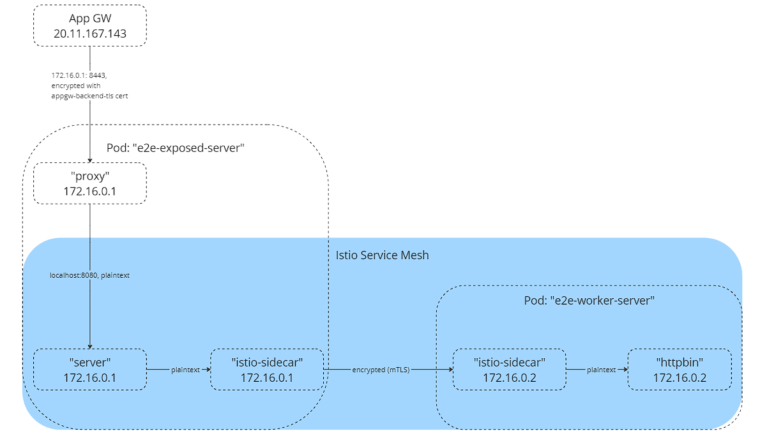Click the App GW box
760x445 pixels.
coord(89,26)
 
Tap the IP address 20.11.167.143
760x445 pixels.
coord(89,34)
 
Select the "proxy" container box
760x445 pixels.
coord(89,183)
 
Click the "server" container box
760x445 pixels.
coord(89,369)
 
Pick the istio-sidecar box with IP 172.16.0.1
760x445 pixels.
coord(266,369)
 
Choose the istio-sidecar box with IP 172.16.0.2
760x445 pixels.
coord(508,369)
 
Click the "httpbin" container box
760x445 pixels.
coord(679,369)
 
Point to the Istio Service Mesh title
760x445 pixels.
coord(382,255)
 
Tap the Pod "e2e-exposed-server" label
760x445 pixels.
coord(176,148)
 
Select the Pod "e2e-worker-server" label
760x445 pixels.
coord(589,300)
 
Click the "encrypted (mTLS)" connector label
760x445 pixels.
coord(381,370)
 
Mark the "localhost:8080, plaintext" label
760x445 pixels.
coord(89,276)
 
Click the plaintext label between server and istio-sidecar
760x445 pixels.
coord(186,370)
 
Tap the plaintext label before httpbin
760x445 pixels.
coord(601,370)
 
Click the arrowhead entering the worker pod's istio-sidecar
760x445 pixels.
coord(449,370)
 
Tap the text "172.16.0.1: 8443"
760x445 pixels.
coord(78,75)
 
